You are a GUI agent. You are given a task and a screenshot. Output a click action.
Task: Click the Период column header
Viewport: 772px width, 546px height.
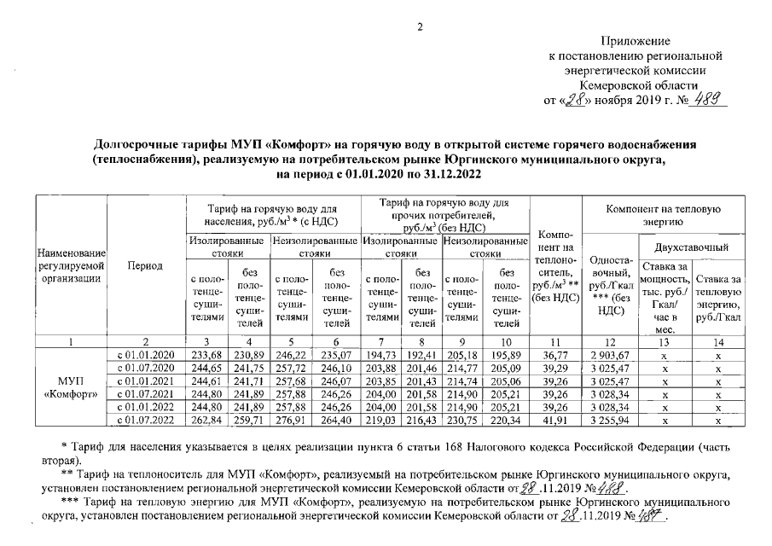click(146, 266)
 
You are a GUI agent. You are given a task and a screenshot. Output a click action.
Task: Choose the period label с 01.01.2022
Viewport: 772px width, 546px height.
click(146, 407)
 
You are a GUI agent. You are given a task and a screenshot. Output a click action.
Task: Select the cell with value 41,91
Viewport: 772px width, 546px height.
click(554, 421)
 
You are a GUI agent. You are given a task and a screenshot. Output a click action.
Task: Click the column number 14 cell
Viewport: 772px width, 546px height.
click(719, 341)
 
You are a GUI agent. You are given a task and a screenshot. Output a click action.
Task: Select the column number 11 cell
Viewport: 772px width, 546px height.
click(554, 341)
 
